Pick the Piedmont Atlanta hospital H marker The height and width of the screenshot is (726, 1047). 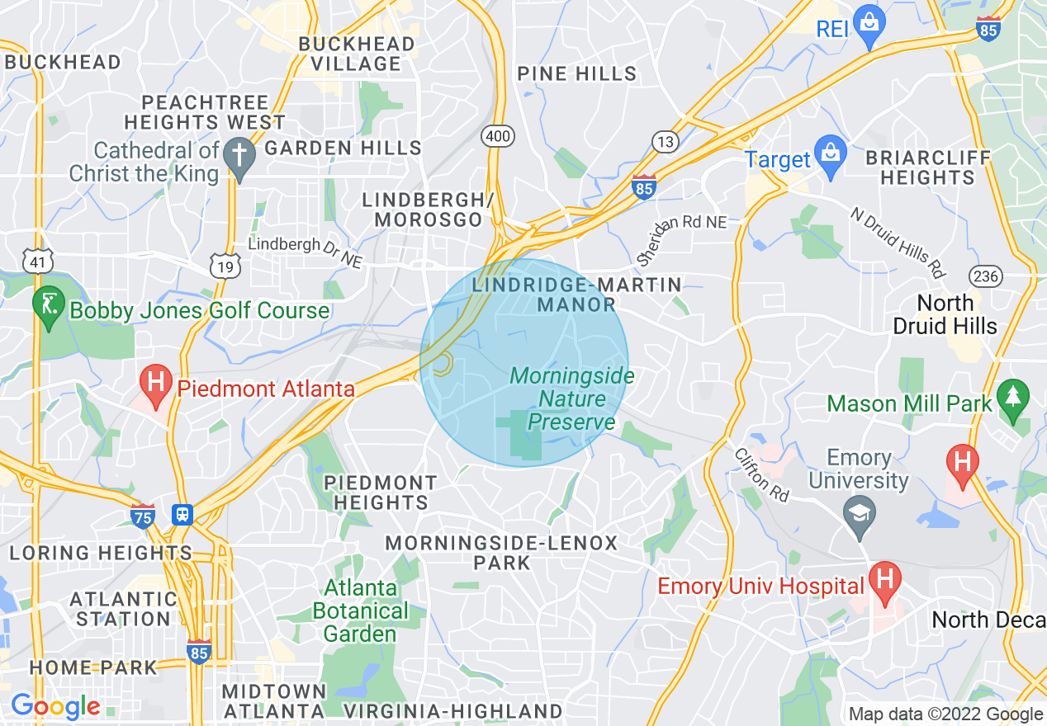[154, 382]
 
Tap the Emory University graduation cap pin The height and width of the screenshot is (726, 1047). [860, 515]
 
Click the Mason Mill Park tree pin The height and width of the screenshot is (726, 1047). [1013, 397]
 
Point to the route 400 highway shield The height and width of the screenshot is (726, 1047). [499, 135]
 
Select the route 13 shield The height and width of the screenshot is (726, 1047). [666, 141]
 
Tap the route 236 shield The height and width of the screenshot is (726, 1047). [987, 275]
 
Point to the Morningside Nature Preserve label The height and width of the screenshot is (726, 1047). [572, 399]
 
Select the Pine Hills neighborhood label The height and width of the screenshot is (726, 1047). [577, 73]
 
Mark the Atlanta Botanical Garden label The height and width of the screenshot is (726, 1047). [361, 611]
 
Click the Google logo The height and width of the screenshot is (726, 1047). [54, 706]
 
